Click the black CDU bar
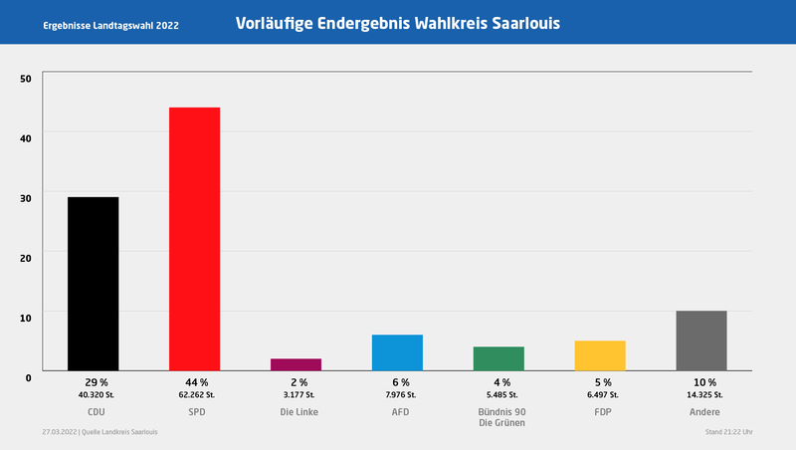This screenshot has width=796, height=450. [93, 284]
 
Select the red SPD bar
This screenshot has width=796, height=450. [194, 239]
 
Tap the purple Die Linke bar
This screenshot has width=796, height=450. [296, 364]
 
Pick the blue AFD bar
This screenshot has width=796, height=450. [397, 352]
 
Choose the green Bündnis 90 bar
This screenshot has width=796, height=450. [498, 358]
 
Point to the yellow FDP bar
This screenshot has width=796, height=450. [600, 355]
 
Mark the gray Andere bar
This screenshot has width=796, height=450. [701, 340]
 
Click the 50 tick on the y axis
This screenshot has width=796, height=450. [26, 79]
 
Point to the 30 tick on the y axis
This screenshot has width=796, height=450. [26, 198]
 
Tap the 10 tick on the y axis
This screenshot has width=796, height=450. [26, 317]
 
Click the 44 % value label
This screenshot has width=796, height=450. [195, 382]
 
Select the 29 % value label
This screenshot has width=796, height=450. [94, 382]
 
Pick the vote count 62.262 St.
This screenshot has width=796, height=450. [195, 395]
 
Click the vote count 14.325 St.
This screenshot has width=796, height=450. [702, 395]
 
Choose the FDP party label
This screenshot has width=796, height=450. [601, 412]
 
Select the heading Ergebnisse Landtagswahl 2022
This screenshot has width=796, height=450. [111, 24]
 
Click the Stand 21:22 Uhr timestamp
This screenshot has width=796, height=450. [727, 432]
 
